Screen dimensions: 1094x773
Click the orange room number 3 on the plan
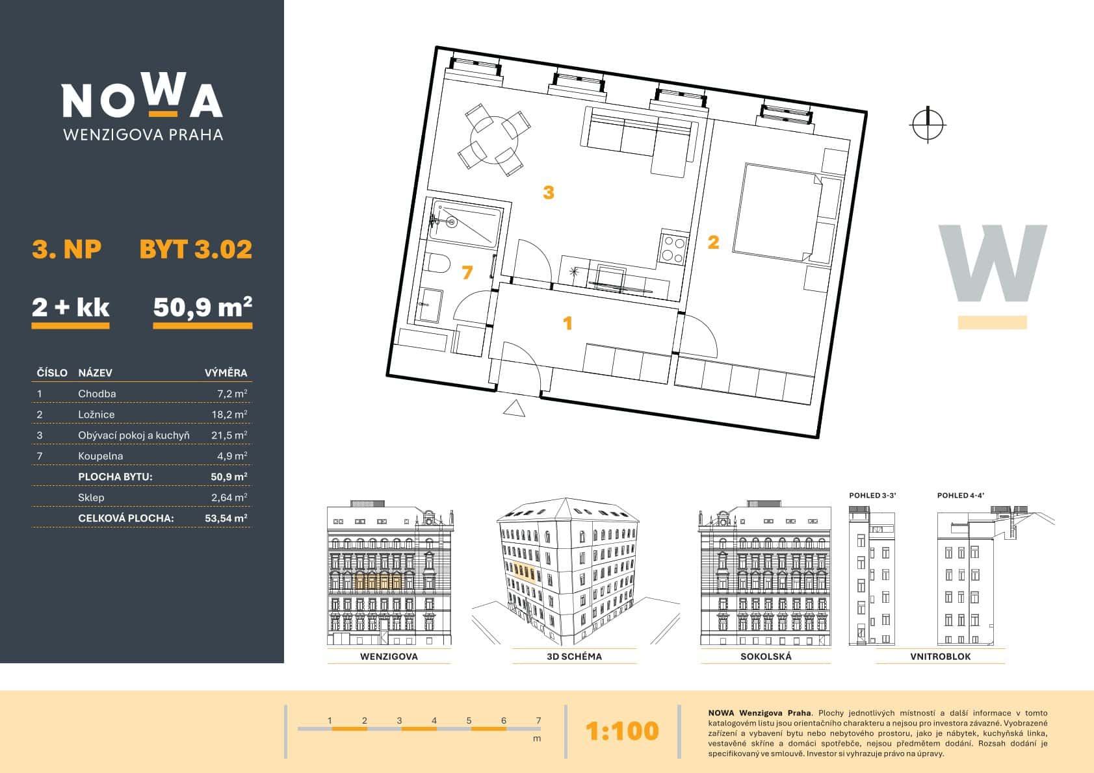tap(549, 192)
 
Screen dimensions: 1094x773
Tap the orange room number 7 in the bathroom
tap(467, 272)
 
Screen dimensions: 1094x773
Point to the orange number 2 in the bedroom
tap(713, 242)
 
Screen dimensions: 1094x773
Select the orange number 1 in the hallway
tap(567, 323)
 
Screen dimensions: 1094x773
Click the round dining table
tap(493, 139)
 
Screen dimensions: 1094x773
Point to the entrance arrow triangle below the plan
tap(514, 409)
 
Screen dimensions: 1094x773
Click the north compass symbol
tap(928, 125)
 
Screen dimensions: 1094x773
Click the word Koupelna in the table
tap(101, 456)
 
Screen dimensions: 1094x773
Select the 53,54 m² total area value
tap(226, 518)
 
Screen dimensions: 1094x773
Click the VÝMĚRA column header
tap(226, 373)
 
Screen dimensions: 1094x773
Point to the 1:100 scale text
tap(622, 731)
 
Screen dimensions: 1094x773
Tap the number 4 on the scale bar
tap(434, 720)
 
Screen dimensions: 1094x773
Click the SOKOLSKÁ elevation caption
tap(766, 656)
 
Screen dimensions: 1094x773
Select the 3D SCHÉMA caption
tap(575, 656)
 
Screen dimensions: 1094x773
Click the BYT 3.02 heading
tap(196, 249)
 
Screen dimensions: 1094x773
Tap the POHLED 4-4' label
tap(960, 496)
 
